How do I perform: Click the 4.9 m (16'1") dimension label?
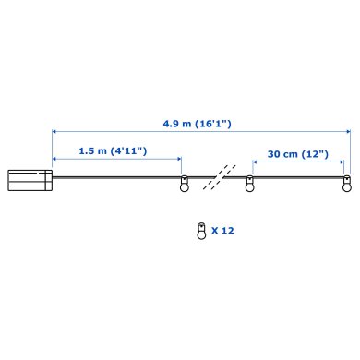pos(197,124)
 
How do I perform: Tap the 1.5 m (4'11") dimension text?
pos(113,150)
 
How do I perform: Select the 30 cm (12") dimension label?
pos(298,154)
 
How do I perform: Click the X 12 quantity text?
pos(222,231)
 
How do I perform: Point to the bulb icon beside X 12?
pos(201,231)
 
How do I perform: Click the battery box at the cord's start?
pos(30,180)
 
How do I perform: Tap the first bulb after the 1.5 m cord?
pos(185,184)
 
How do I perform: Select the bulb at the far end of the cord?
pos(347,184)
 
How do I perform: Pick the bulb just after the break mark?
pos(249,184)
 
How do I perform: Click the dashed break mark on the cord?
pos(220,177)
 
